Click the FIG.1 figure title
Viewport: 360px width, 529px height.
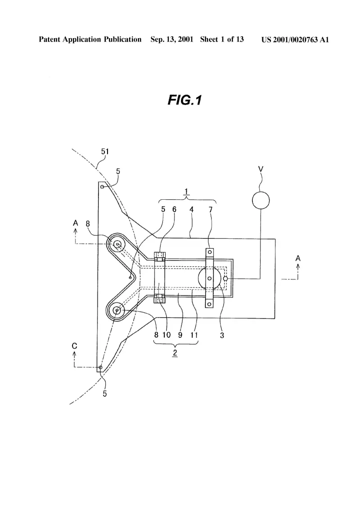[184, 100]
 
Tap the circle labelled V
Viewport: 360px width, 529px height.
[261, 201]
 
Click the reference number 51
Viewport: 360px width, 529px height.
[105, 152]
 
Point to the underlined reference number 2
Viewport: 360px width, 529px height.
[175, 353]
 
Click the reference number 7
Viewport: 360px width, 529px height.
[211, 210]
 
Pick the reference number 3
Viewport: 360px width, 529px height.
[222, 336]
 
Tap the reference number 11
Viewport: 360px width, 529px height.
[194, 335]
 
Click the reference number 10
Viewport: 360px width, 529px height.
[166, 335]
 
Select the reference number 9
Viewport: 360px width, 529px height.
[180, 335]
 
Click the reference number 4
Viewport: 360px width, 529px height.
[191, 210]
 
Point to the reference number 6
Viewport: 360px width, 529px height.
[174, 209]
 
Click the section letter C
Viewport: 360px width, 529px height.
[75, 346]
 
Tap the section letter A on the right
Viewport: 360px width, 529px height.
[298, 258]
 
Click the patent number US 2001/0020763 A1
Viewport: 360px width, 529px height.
[295, 40]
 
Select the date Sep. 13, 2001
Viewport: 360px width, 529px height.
[172, 40]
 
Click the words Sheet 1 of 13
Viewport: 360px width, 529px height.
[222, 40]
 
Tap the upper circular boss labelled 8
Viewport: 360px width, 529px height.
[117, 244]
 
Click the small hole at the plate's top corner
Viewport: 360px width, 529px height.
[102, 187]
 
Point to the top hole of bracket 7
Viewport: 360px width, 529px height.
[210, 252]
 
